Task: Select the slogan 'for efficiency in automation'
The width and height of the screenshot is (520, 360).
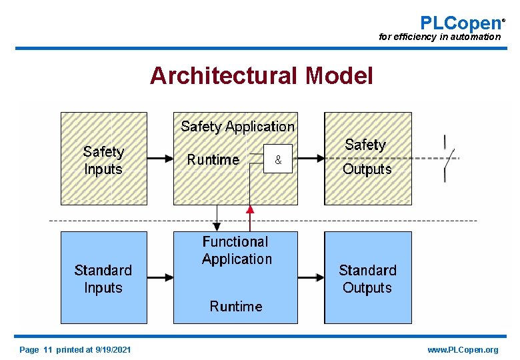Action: [x=439, y=37]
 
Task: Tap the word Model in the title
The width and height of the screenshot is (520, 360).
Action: [x=339, y=76]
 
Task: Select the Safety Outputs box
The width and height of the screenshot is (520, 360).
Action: [x=367, y=158]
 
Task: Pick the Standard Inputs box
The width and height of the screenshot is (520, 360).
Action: [x=103, y=278]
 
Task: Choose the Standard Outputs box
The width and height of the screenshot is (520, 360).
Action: [x=367, y=278]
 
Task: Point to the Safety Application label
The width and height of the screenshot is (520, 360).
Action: [x=237, y=127]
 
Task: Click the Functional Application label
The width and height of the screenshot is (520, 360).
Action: [x=237, y=251]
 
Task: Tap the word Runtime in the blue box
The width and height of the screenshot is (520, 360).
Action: [x=236, y=307]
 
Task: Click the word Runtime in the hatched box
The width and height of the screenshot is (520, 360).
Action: [x=213, y=159]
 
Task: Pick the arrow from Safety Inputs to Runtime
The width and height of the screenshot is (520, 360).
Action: [x=160, y=159]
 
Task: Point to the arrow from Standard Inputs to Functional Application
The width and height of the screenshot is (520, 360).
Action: [x=160, y=277]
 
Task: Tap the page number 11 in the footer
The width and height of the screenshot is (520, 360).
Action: [x=47, y=350]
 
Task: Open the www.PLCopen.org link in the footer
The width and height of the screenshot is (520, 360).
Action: [x=463, y=350]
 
